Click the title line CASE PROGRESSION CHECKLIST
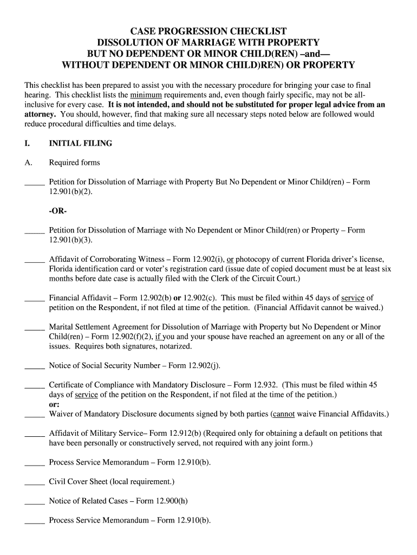(x=208, y=31)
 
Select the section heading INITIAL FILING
(x=81, y=144)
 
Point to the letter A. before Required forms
(x=29, y=163)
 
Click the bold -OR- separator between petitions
(x=57, y=211)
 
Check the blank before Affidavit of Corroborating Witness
(x=34, y=259)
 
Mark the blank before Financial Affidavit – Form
(x=34, y=298)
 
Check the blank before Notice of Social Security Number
(x=34, y=366)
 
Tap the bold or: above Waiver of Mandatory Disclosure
(x=54, y=404)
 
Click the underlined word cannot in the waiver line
(x=284, y=414)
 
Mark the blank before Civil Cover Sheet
(x=34, y=482)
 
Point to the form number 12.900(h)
(x=173, y=501)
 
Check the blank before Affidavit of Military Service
(x=34, y=434)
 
